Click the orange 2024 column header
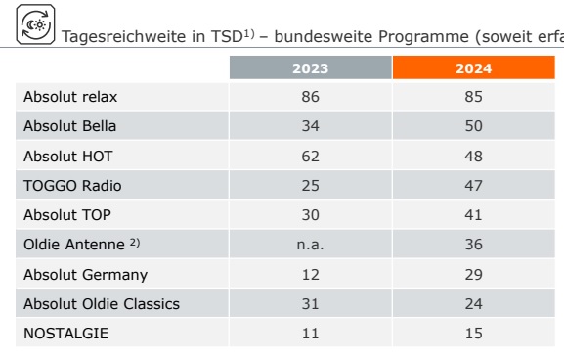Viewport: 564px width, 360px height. (473, 67)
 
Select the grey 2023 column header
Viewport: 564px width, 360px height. (311, 67)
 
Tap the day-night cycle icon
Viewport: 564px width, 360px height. (35, 24)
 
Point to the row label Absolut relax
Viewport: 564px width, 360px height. (70, 97)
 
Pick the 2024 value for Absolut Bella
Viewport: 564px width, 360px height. (473, 126)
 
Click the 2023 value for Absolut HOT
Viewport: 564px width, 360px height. (311, 157)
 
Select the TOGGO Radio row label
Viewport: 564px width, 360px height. (72, 186)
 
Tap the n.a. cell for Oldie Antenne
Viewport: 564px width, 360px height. (310, 245)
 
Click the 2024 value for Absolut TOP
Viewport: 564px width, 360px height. (473, 215)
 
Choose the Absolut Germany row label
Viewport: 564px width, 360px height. (86, 275)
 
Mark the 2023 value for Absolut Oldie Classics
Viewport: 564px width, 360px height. (311, 304)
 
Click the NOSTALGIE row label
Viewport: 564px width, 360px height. (65, 334)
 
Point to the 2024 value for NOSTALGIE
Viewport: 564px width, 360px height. (473, 334)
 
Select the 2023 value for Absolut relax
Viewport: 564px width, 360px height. (311, 97)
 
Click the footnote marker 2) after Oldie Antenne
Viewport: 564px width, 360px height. (135, 243)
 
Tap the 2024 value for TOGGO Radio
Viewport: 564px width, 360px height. (473, 186)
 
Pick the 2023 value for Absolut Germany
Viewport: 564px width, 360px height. (311, 275)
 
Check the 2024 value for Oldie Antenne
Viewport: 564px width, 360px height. (473, 245)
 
